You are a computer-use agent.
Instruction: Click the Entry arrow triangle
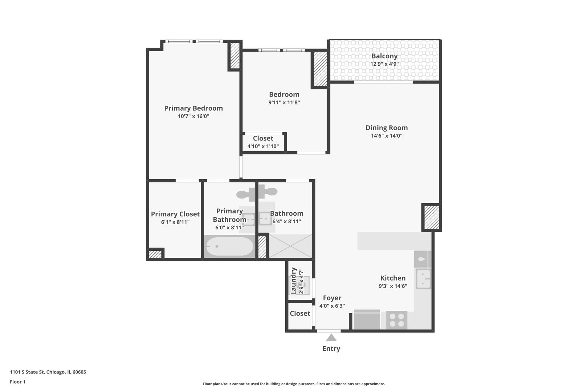click(331, 338)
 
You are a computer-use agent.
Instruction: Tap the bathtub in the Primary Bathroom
click(229, 246)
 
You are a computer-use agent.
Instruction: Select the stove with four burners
click(396, 320)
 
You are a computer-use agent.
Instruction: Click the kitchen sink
click(423, 279)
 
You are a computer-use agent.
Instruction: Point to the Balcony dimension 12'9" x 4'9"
click(384, 64)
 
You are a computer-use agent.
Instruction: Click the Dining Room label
click(386, 128)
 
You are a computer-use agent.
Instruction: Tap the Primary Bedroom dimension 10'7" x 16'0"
click(193, 117)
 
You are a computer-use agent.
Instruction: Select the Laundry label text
click(294, 281)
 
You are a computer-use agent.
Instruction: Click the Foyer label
click(332, 298)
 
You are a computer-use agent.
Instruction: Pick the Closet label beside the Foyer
click(300, 314)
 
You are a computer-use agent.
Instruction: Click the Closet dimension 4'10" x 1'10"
click(263, 147)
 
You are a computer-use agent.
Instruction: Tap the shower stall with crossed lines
click(290, 246)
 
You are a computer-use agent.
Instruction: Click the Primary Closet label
click(175, 214)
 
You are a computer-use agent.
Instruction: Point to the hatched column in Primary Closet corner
click(155, 254)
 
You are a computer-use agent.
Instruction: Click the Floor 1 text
click(17, 382)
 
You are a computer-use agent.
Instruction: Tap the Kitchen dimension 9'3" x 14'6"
click(393, 286)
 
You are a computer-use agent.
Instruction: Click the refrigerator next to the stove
click(367, 320)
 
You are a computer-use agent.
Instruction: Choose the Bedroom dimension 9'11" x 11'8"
click(284, 103)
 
